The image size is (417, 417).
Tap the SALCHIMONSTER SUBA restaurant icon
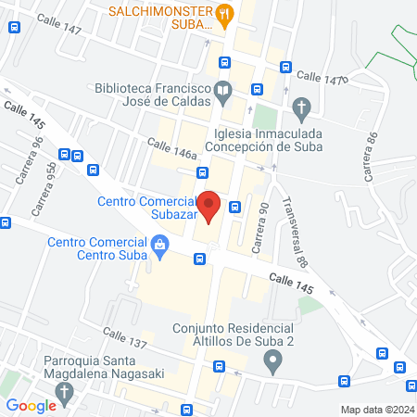coord(224,13)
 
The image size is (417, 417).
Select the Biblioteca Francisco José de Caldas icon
coord(222,91)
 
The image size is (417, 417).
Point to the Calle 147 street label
coord(60,31)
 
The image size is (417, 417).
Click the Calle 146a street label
coord(173,148)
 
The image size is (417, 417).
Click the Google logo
coord(32,405)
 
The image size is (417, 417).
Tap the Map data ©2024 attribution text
coord(375,410)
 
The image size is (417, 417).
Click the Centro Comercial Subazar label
coord(145,209)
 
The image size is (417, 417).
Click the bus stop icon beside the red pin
coord(235,207)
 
